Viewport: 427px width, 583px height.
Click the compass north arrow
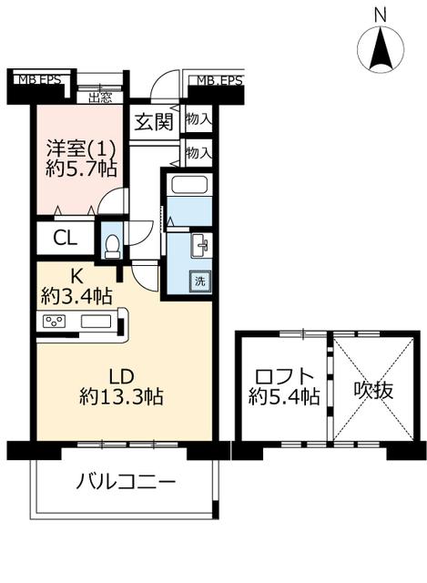pyautogui.click(x=381, y=49)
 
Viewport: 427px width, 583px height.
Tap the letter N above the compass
pyautogui.click(x=381, y=15)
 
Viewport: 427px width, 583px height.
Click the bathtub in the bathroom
pyautogui.click(x=189, y=185)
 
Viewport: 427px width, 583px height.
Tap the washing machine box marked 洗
pyautogui.click(x=200, y=281)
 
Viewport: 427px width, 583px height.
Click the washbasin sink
pyautogui.click(x=200, y=245)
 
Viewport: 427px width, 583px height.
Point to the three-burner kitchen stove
pyautogui.click(x=55, y=321)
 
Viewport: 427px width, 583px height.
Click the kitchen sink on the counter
pyautogui.click(x=96, y=321)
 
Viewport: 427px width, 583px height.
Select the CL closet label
pyautogui.click(x=65, y=238)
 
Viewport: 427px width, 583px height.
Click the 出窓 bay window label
pyautogui.click(x=100, y=97)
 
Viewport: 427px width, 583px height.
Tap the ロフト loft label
pyautogui.click(x=285, y=376)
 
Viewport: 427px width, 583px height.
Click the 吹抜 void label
pyautogui.click(x=373, y=391)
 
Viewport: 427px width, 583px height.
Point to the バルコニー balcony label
pyautogui.click(x=126, y=482)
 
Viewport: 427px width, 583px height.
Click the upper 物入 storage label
pyautogui.click(x=199, y=119)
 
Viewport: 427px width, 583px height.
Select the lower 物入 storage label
pyautogui.click(x=199, y=152)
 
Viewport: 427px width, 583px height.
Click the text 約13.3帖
pyautogui.click(x=121, y=397)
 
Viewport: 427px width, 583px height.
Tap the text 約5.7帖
pyautogui.click(x=81, y=169)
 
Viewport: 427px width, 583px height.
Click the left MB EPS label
pyautogui.click(x=40, y=79)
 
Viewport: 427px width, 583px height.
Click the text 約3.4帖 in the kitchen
pyautogui.click(x=76, y=296)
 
